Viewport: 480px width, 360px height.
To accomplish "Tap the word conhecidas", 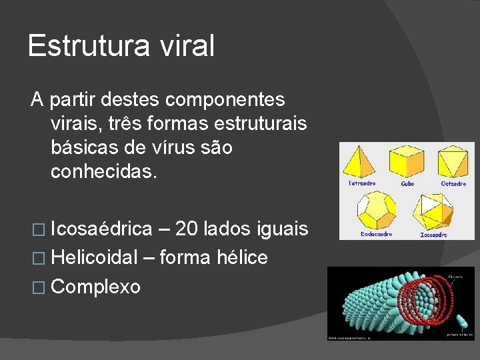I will point(103,172).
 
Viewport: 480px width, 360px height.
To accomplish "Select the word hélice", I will point(242,257).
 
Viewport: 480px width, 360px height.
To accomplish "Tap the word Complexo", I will point(95,287).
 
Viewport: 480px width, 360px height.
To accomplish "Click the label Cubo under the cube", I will point(407,183).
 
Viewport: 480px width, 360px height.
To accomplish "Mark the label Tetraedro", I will point(361,183).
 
